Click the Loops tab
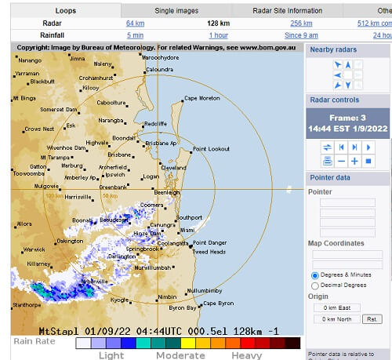tap(66, 10)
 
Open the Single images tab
tap(176, 10)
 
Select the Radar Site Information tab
tap(288, 10)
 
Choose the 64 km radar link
tap(135, 23)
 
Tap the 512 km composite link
tap(376, 23)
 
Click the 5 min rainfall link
tap(135, 35)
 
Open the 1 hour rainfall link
tap(218, 35)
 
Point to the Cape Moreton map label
tap(201, 98)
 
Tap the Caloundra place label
tap(159, 69)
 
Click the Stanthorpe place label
tap(26, 304)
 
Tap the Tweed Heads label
tap(209, 252)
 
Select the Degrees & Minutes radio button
tap(315, 275)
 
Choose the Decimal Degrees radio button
tap(315, 285)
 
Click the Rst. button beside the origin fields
tap(372, 319)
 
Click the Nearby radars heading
tap(334, 49)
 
